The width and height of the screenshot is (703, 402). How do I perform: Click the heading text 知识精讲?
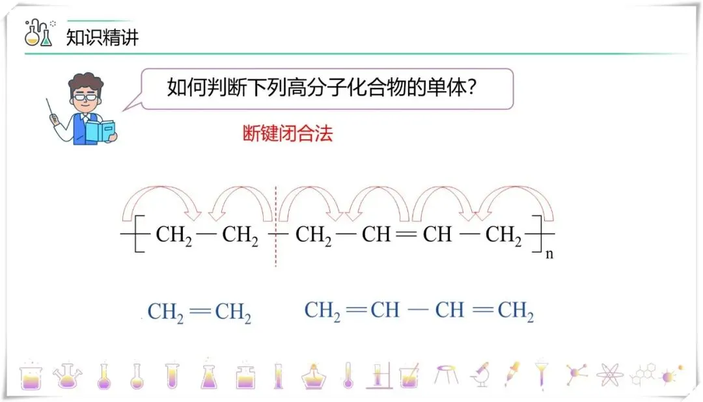[x=102, y=36]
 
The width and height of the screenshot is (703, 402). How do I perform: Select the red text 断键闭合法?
[x=287, y=133]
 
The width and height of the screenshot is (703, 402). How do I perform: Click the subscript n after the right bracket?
[x=549, y=254]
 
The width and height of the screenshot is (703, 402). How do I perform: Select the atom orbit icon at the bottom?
[x=609, y=375]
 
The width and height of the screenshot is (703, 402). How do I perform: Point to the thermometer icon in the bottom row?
[x=348, y=375]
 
